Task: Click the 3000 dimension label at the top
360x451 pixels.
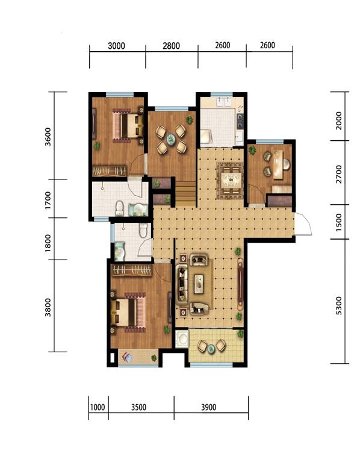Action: (x=116, y=46)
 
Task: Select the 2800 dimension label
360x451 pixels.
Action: (x=172, y=46)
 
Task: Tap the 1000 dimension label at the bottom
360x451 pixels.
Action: (x=98, y=407)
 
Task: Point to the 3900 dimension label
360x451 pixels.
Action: (x=208, y=407)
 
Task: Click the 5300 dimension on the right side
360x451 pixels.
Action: (x=339, y=305)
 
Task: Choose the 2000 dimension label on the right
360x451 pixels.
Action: (x=339, y=121)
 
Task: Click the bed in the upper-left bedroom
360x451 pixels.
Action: (x=128, y=126)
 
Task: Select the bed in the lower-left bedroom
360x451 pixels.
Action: (x=128, y=313)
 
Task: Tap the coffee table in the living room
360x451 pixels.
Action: (x=199, y=284)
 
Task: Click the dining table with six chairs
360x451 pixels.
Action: (x=231, y=181)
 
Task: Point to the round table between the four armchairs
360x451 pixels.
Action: (x=172, y=139)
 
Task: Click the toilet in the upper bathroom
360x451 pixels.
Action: (x=120, y=208)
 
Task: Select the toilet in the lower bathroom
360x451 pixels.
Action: (x=143, y=231)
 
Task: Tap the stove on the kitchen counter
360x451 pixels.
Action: (x=240, y=121)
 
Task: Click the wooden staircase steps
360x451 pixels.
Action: (x=186, y=193)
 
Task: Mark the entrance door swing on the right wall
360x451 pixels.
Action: (x=303, y=224)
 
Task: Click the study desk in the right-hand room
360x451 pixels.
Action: (x=278, y=164)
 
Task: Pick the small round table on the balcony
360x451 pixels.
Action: (x=212, y=349)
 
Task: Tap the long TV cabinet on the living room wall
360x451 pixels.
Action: (x=240, y=284)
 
